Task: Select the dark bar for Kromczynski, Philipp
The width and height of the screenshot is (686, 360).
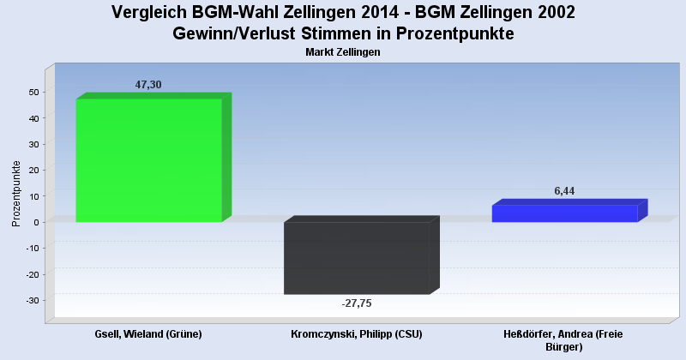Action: (x=357, y=258)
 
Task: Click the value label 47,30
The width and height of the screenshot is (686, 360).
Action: (x=148, y=84)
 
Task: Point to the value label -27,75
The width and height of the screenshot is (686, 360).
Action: (x=357, y=303)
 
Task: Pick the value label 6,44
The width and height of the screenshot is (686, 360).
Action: (x=564, y=191)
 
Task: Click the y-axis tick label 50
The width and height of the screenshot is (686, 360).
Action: (x=33, y=92)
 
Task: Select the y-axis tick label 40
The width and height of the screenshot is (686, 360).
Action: (x=33, y=118)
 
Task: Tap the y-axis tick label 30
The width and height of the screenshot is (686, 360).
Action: (x=33, y=144)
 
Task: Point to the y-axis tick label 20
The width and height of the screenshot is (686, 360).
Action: (x=33, y=170)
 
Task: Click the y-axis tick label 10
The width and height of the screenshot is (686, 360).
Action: (x=33, y=196)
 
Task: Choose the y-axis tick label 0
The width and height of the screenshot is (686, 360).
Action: (x=36, y=222)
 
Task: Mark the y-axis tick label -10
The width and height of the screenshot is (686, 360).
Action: (x=32, y=248)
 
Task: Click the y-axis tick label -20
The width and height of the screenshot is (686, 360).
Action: (x=32, y=274)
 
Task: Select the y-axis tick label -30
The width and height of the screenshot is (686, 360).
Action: (x=32, y=300)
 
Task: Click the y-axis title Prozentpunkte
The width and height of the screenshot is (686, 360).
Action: (x=16, y=194)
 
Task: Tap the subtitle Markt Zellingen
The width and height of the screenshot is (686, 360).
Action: (x=342, y=52)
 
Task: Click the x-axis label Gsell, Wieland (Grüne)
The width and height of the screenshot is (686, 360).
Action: (x=148, y=333)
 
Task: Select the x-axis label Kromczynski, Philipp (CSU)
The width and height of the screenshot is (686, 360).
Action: (x=357, y=333)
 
